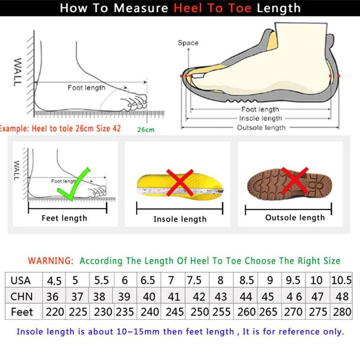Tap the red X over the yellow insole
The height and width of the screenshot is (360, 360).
coord(180,183)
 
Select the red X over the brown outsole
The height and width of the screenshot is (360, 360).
coord(295,180)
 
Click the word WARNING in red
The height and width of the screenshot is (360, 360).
coord(51,261)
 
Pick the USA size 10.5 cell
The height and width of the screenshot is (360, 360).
coord(341,280)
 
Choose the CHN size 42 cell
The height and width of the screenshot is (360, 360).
coord(199,297)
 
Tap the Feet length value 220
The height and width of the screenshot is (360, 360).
coord(54,312)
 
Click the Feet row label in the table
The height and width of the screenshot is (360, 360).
coord(22,312)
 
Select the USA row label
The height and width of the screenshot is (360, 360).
coord(20,280)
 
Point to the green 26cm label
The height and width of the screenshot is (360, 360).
coord(146,130)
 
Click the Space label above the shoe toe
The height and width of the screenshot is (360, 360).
coord(188,43)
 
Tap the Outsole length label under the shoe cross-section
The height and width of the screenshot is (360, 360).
coord(261,128)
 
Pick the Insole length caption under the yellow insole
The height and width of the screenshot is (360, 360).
coord(180,219)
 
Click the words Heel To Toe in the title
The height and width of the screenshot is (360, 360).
coord(212,8)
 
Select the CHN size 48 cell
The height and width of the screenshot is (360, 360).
coord(342,297)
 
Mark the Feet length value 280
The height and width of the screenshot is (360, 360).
coord(342,312)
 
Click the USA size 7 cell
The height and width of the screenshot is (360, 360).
coord(171,280)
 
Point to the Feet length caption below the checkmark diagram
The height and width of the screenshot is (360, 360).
coord(64,218)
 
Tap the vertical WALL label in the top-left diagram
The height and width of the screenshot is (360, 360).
coord(18,72)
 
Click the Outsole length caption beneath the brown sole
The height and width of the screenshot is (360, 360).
coord(295,218)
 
